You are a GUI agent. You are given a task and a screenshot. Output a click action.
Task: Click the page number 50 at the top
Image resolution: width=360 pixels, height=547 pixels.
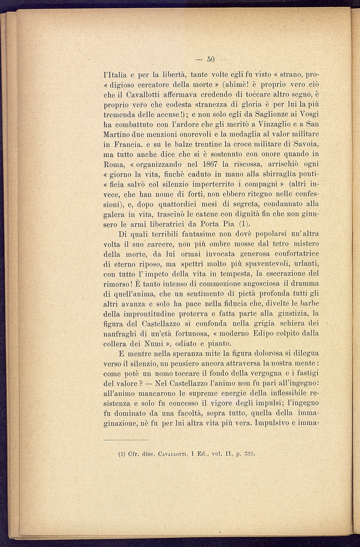[x=211, y=59]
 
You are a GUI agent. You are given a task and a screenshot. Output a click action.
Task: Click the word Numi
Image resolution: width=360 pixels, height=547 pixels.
[x=153, y=344]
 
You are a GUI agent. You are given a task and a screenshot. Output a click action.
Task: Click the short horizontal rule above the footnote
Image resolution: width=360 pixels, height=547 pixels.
[x=126, y=440]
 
